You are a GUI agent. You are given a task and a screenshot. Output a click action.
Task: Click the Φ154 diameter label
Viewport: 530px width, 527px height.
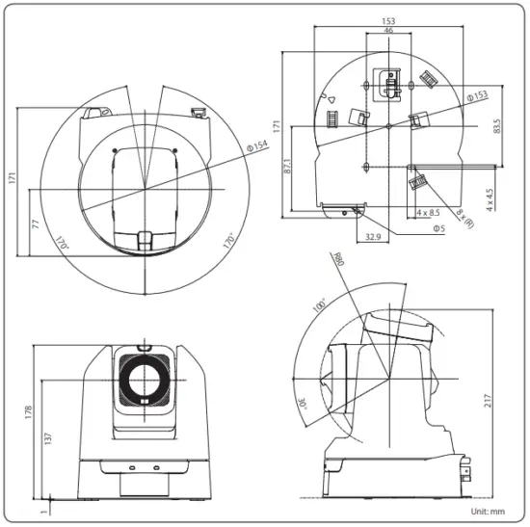click(x=257, y=145)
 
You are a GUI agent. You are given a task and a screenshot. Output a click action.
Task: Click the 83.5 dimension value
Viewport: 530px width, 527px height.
click(x=496, y=126)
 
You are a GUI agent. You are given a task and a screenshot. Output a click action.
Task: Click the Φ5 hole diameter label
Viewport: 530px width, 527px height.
click(x=438, y=228)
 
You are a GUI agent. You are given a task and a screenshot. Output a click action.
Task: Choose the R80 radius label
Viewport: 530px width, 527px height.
click(x=336, y=261)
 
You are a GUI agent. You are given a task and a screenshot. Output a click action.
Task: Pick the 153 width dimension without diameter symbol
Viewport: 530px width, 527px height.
click(x=388, y=19)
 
